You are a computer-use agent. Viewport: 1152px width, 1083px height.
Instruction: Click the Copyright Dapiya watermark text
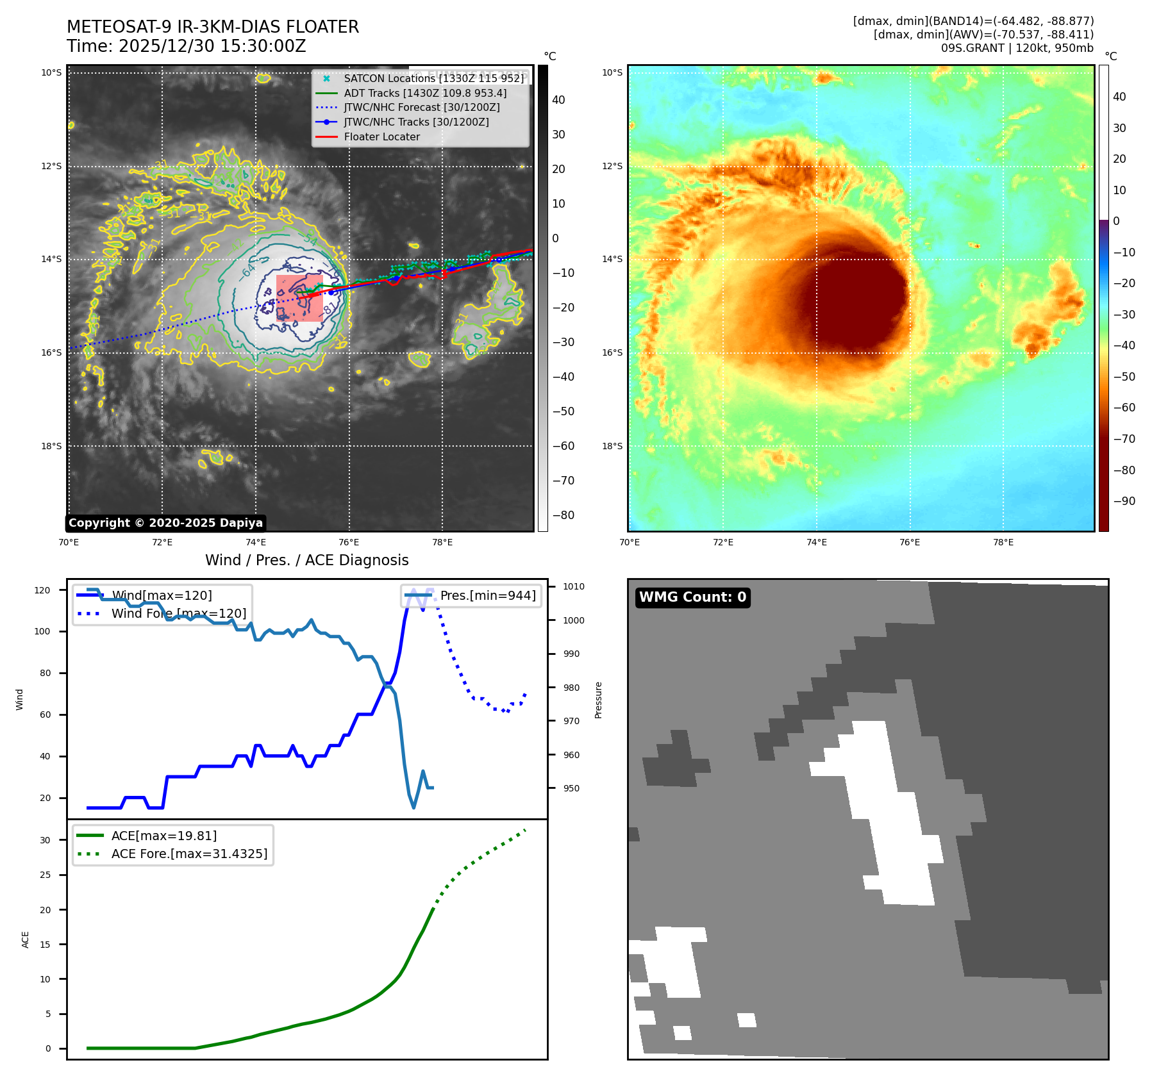tap(165, 523)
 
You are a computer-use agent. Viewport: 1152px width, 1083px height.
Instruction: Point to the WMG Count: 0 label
tap(692, 597)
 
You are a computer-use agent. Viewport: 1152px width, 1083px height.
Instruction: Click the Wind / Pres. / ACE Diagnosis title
tap(306, 560)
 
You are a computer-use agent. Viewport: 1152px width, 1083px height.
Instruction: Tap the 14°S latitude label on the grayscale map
tap(51, 259)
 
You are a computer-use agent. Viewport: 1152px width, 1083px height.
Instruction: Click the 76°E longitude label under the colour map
tap(909, 542)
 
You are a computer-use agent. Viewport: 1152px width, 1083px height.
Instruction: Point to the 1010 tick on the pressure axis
tap(574, 586)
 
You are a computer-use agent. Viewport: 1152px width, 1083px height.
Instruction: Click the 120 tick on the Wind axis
tap(42, 590)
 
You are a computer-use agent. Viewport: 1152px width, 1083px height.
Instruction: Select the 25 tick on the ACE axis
tap(45, 875)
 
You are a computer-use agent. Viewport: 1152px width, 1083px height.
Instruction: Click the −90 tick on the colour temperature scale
tap(1124, 501)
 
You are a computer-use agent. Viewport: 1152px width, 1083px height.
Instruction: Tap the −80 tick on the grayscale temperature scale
tap(563, 515)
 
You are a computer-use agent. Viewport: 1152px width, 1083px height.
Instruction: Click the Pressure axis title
tap(598, 700)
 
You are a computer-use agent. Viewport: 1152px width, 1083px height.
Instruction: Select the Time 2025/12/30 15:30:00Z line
tap(186, 46)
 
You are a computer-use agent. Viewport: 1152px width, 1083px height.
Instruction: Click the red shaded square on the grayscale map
tap(299, 298)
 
